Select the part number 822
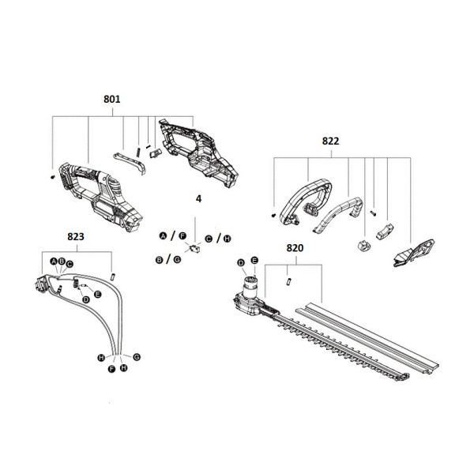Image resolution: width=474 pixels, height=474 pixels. coord(331,141)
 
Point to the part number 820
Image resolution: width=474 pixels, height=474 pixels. coord(294,248)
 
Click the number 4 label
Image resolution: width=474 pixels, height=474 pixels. coord(198,201)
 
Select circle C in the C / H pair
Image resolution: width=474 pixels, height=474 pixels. coord(208,238)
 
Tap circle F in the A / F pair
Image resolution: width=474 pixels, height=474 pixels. coord(182,235)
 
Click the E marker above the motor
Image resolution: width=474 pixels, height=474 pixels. coord(254,261)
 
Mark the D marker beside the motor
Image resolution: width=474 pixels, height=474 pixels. coord(241,262)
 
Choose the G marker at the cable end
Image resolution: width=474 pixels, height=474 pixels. coord(136,356)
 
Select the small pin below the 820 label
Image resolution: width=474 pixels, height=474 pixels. coord(289,277)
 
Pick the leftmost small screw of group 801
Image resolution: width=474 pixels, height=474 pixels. coord(52,176)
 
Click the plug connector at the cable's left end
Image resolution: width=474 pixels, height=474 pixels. coord(41,283)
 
